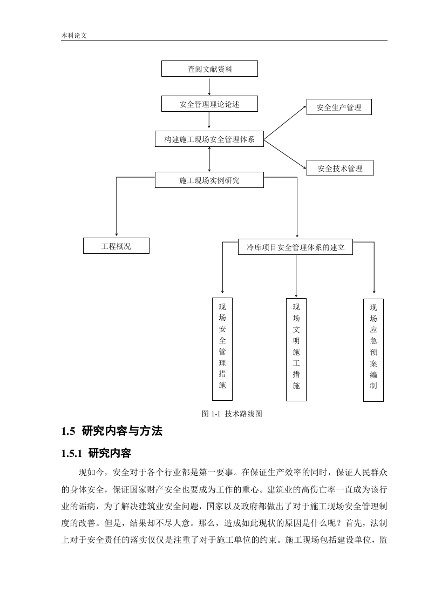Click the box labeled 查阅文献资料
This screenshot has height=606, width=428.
[x=209, y=69]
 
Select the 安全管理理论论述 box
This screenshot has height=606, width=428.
[x=209, y=104]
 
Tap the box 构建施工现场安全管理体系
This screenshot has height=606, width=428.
[x=209, y=139]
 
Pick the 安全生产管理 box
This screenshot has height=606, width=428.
[x=339, y=107]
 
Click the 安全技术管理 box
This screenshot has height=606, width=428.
[x=340, y=168]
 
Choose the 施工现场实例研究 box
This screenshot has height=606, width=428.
[x=209, y=180]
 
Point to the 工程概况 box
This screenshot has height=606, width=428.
[x=116, y=246]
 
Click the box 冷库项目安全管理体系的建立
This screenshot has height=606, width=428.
[x=296, y=247]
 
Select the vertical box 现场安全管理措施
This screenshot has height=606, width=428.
[x=222, y=349]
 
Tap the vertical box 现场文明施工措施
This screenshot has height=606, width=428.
[x=296, y=350]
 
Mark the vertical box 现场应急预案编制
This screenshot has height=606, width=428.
[x=373, y=350]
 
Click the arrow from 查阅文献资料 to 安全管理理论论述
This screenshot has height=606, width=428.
[x=209, y=86]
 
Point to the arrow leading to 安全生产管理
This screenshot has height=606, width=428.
[x=285, y=122]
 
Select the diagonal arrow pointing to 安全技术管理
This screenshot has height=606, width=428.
[x=285, y=154]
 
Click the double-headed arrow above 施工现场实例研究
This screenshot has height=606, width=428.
[x=209, y=159]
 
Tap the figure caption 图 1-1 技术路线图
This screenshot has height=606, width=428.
[x=232, y=414]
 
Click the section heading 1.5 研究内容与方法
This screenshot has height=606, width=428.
[x=112, y=431]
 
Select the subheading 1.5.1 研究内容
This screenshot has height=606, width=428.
[x=96, y=453]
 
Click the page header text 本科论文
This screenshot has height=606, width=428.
[x=74, y=35]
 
